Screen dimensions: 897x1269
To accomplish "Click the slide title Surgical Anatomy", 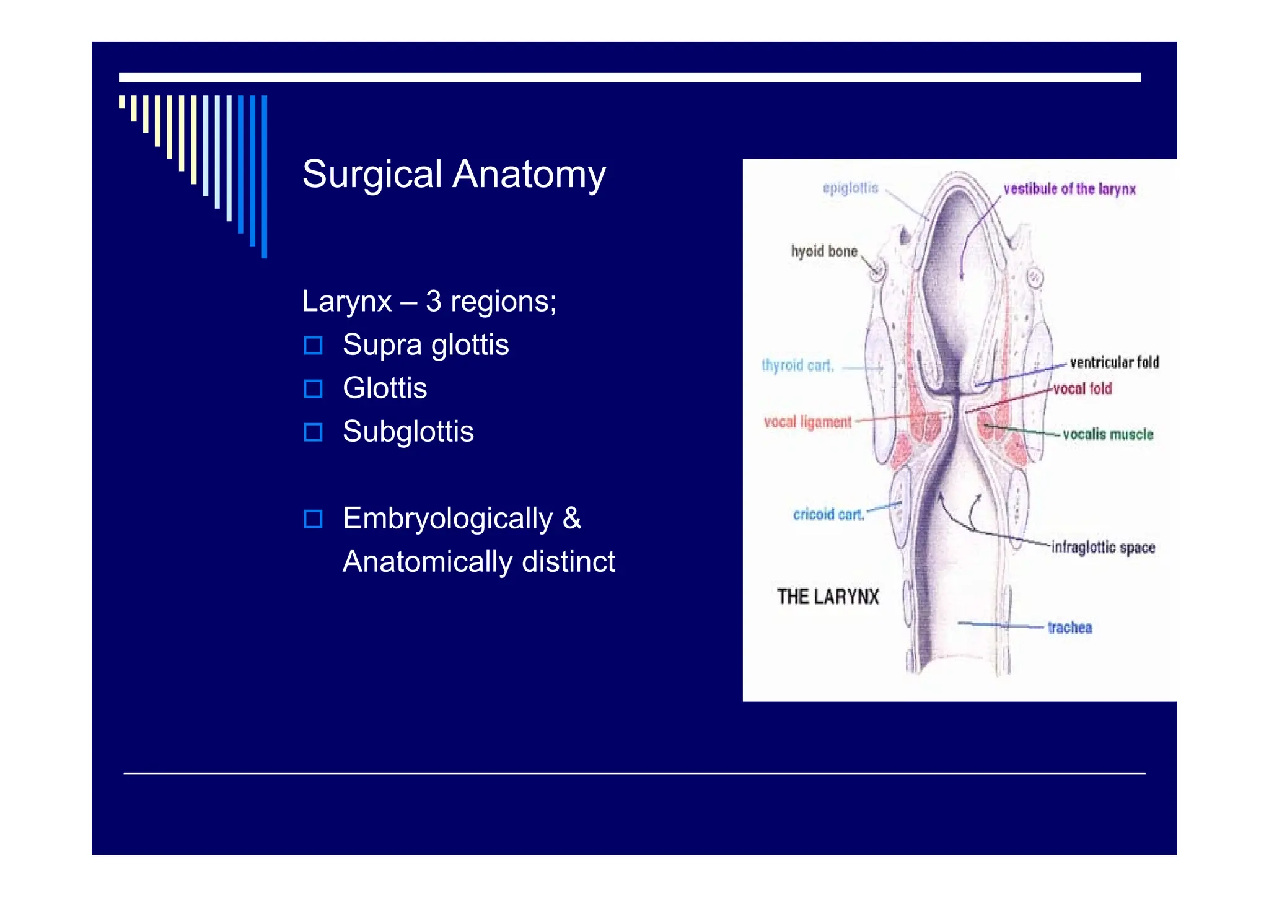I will click(x=454, y=174).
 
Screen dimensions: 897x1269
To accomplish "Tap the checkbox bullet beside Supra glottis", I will click(x=313, y=345).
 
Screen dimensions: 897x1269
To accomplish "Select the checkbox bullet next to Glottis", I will click(x=313, y=388).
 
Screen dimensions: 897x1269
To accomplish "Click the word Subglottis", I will click(x=408, y=432).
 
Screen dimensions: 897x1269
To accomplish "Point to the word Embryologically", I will click(x=447, y=519).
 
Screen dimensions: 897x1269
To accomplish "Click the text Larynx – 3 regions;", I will click(x=429, y=302).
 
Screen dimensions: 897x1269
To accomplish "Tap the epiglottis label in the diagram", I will click(x=850, y=188).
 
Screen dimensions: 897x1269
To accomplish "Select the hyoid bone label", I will click(x=823, y=252).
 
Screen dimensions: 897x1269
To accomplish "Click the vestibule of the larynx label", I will click(x=1069, y=189).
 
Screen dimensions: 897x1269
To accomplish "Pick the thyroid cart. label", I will click(x=797, y=365).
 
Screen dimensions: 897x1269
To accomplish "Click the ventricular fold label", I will click(x=1113, y=362).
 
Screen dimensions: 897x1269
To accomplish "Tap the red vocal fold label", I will click(x=1082, y=389).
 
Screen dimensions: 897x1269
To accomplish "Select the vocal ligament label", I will click(x=807, y=422).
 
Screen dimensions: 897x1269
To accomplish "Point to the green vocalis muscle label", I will click(x=1107, y=434).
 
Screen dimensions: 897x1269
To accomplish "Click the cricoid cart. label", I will click(x=828, y=515).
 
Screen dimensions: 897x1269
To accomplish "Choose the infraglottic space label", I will click(x=1103, y=548).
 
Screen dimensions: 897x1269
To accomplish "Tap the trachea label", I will click(x=1069, y=628).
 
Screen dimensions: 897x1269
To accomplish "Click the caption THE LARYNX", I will click(x=828, y=597).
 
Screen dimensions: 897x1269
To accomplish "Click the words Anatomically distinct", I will click(x=478, y=562).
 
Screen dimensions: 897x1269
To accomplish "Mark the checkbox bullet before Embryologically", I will click(x=313, y=519).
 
